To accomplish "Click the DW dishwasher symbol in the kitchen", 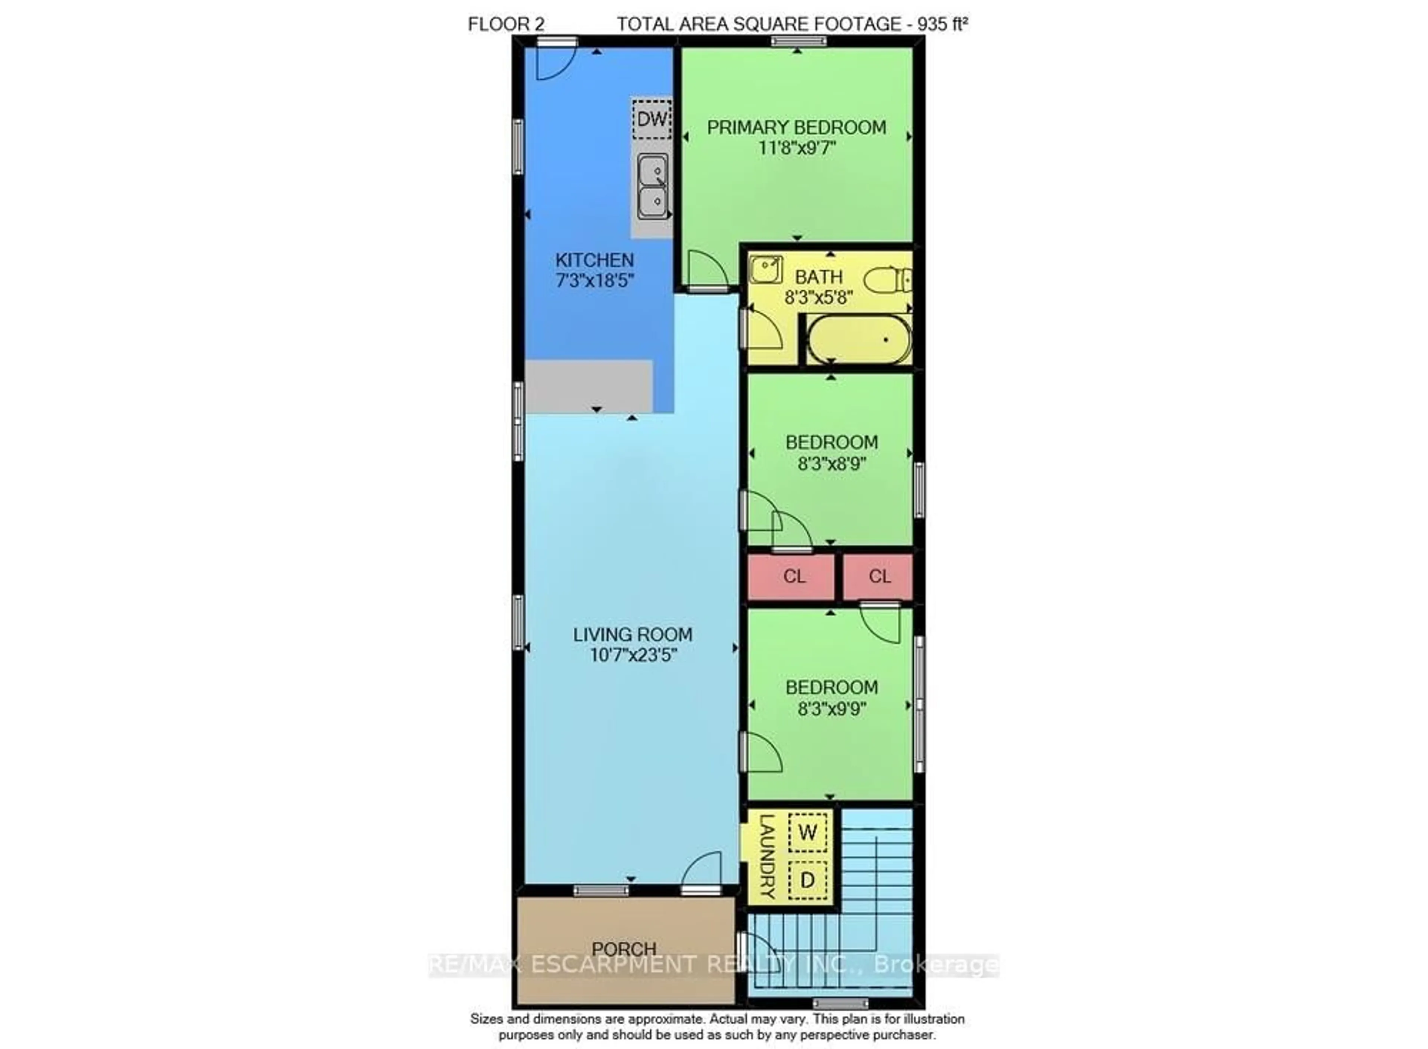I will pyautogui.click(x=652, y=119).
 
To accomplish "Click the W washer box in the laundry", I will pyautogui.click(x=807, y=832).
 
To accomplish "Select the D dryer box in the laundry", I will pyautogui.click(x=807, y=880).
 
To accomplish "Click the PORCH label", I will pyautogui.click(x=624, y=949).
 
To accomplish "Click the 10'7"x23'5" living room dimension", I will pyautogui.click(x=633, y=655).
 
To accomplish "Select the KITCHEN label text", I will pyautogui.click(x=595, y=260).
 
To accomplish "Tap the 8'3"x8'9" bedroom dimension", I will pyautogui.click(x=832, y=464).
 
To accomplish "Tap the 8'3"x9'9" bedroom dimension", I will pyautogui.click(x=832, y=709).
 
